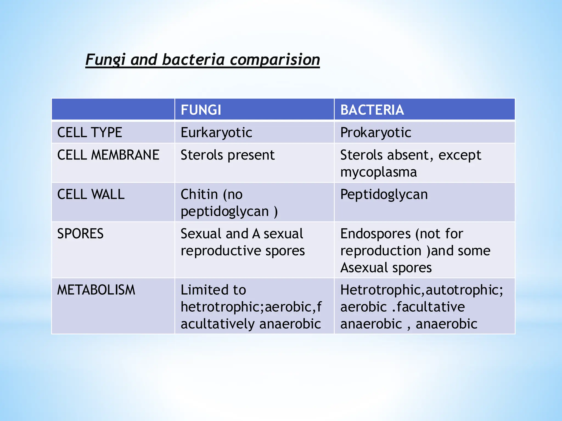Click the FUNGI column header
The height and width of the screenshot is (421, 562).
pyautogui.click(x=201, y=110)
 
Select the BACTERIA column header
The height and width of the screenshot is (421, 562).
pyautogui.click(x=372, y=110)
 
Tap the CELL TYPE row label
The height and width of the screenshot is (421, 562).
pyautogui.click(x=89, y=132)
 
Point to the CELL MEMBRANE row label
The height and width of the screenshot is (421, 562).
pyautogui.click(x=108, y=155)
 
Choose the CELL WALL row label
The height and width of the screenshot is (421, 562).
pyautogui.click(x=91, y=194)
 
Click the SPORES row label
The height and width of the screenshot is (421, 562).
pyautogui.click(x=80, y=234)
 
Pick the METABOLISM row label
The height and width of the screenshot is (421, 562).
pyautogui.click(x=96, y=290)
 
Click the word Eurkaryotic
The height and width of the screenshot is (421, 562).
pyautogui.click(x=216, y=133)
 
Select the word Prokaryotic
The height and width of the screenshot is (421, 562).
pyautogui.click(x=375, y=133)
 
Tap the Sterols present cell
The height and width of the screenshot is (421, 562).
pyautogui.click(x=227, y=155)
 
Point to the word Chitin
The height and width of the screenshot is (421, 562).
pyautogui.click(x=199, y=194)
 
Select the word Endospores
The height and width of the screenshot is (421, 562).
pyautogui.click(x=375, y=234)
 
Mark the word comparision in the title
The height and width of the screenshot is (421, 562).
pyautogui.click(x=275, y=59)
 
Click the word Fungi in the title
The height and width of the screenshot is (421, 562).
pyautogui.click(x=105, y=59)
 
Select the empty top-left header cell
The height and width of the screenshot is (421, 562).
pyautogui.click(x=113, y=109)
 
